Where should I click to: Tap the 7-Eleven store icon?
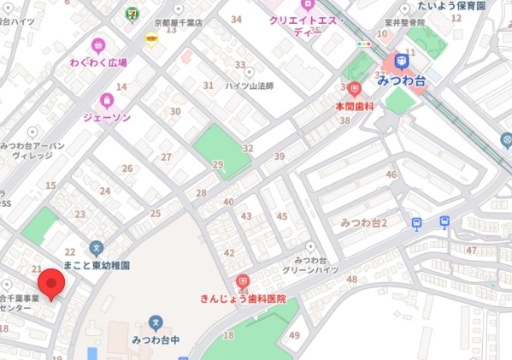pos(131,14)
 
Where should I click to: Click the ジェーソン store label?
pos(107,117)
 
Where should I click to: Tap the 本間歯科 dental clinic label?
pos(355,105)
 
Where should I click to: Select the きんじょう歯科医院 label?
pos(243,298)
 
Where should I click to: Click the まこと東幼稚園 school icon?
pos(96,248)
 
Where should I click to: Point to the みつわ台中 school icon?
pos(155,322)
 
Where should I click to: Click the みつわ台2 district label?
pos(364,222)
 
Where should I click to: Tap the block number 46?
pos(391,174)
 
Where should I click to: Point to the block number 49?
pos(294,334)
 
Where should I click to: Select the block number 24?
pos(105,192)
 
